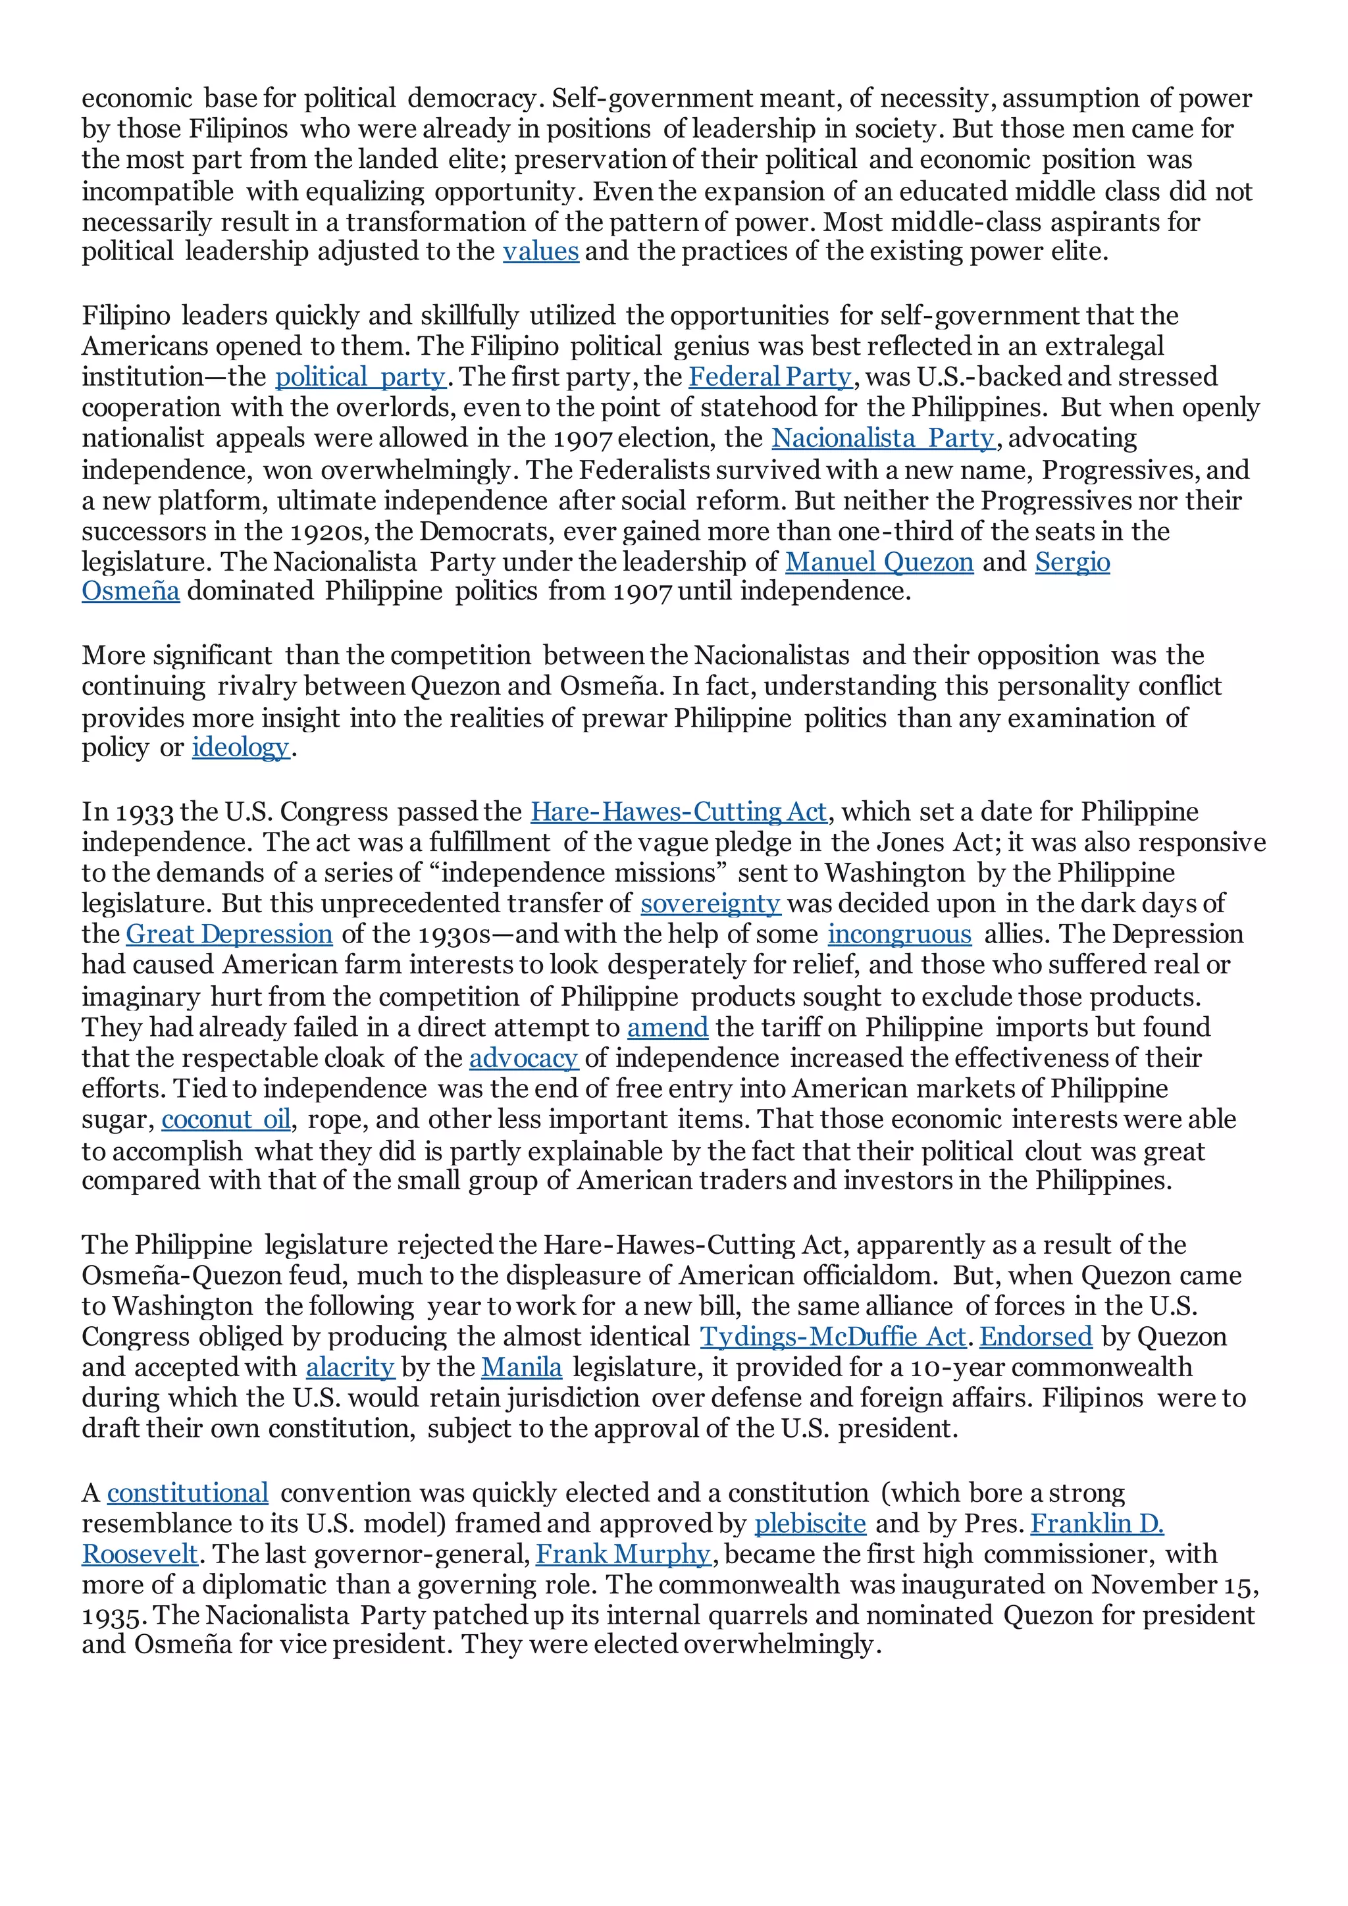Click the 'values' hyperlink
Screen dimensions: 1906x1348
540,251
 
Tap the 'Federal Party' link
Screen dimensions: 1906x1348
770,377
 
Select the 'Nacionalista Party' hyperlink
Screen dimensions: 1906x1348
883,438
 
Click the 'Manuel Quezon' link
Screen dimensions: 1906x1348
879,562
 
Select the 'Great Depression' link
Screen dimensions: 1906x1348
229,934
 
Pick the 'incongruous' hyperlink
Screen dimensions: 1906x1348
899,934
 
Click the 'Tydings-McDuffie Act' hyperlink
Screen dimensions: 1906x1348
833,1337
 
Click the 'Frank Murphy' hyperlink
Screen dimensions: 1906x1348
623,1554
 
